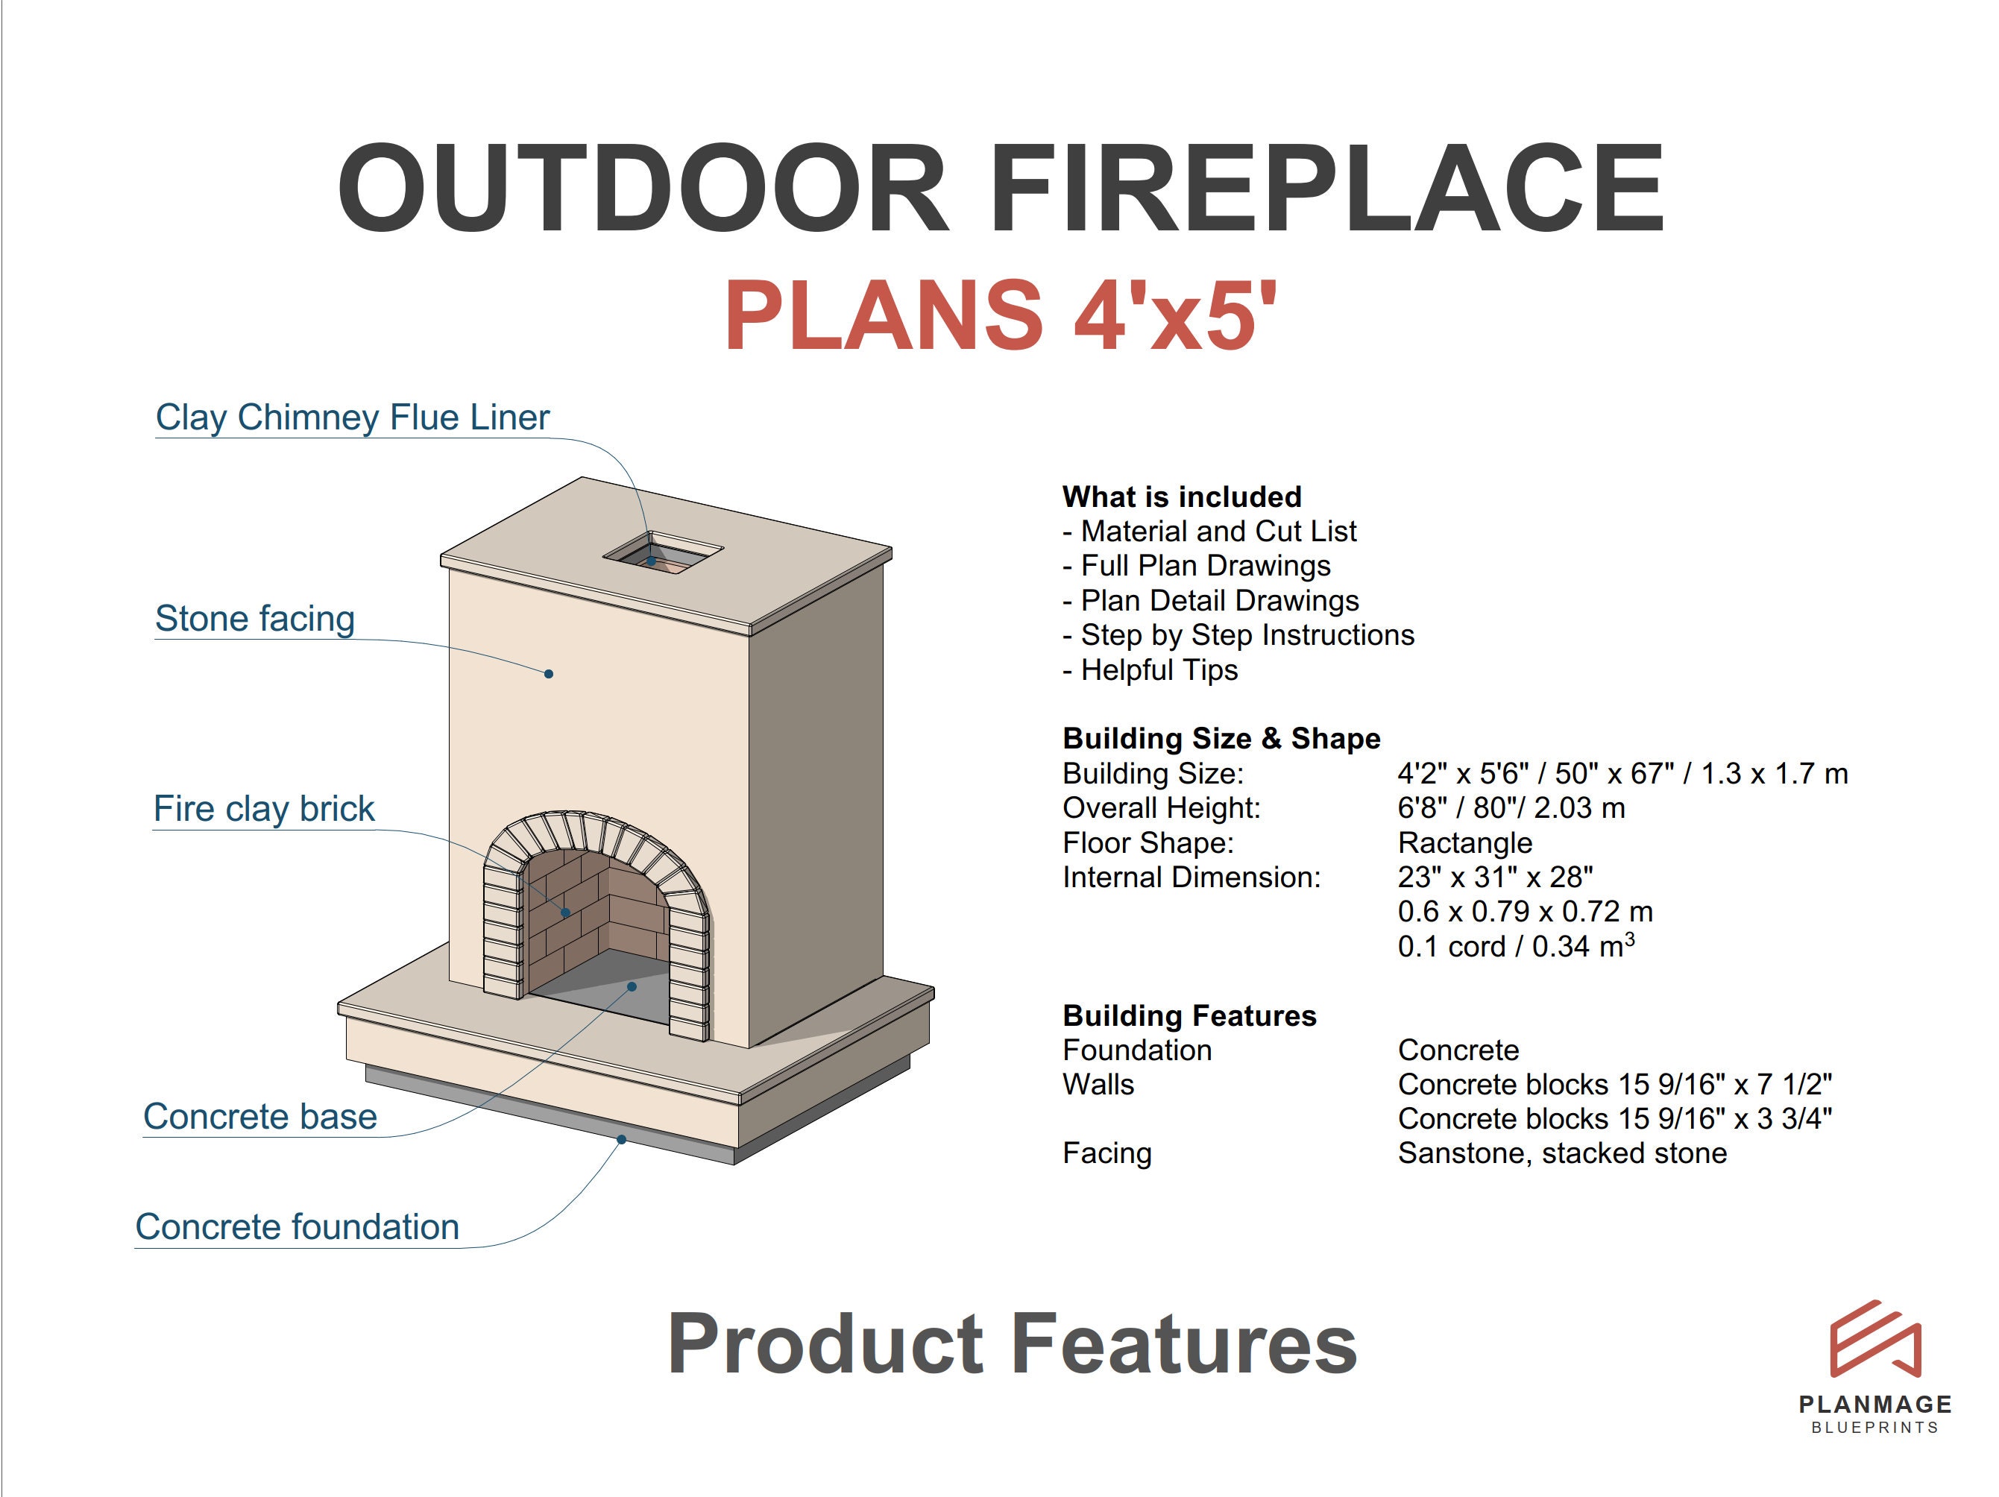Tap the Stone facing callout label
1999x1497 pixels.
(x=254, y=619)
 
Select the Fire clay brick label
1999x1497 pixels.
(x=263, y=809)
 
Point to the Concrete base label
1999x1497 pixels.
(x=259, y=1117)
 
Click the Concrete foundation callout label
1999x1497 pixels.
(x=297, y=1227)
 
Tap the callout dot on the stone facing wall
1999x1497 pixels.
(x=549, y=674)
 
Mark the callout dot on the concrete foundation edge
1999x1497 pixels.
(x=622, y=1140)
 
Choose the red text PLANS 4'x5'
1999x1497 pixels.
(x=1001, y=316)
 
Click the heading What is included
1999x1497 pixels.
(x=1181, y=497)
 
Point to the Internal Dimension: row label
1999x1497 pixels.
(x=1191, y=877)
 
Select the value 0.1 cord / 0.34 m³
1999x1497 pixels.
(x=1516, y=946)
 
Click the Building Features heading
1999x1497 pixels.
(x=1189, y=1015)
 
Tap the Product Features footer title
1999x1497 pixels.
(x=1011, y=1344)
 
